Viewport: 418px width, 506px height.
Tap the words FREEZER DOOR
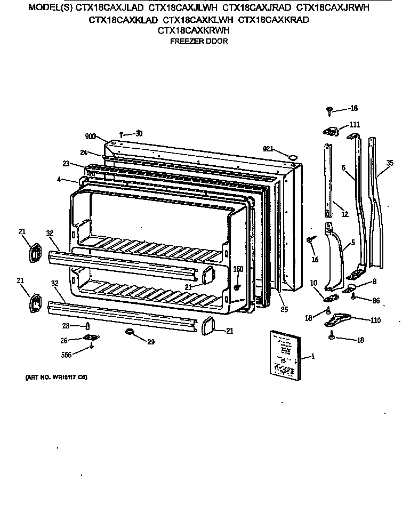click(x=198, y=41)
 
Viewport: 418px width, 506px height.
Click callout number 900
click(x=90, y=136)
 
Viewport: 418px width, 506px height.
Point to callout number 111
click(x=355, y=125)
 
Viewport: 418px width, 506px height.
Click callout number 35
click(x=390, y=163)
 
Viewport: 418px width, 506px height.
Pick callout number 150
click(x=238, y=269)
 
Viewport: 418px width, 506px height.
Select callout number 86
click(x=376, y=301)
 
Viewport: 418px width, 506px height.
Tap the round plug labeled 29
click(x=128, y=333)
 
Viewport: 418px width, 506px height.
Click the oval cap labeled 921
click(x=293, y=156)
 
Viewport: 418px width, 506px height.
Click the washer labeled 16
click(x=310, y=241)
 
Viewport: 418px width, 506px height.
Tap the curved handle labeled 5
click(x=337, y=256)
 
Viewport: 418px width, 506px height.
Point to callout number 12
click(x=344, y=214)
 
